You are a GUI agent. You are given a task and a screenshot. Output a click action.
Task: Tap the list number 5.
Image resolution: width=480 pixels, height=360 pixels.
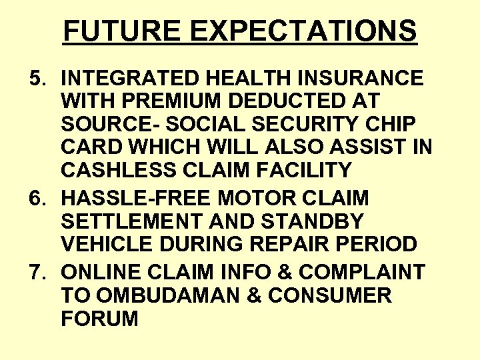[37, 79]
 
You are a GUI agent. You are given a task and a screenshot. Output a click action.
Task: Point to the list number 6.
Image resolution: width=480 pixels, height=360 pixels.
[37, 199]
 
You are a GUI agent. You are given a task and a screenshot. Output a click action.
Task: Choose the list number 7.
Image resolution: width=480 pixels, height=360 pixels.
[37, 272]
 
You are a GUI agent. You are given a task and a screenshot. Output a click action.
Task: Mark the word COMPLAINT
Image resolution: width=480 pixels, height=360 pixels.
[361, 272]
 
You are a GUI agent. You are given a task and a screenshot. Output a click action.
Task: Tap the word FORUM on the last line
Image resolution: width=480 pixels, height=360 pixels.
[99, 319]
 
